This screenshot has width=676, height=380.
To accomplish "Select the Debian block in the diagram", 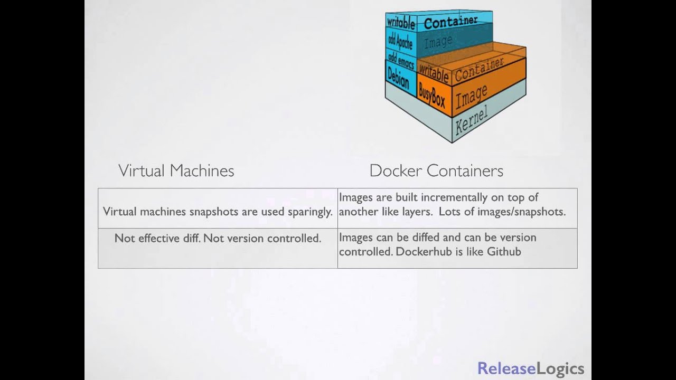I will click(398, 79).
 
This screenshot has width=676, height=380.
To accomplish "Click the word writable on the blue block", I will click(401, 23).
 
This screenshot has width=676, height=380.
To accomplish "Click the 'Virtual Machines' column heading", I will click(176, 170).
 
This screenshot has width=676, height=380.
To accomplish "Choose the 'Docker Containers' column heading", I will click(436, 170).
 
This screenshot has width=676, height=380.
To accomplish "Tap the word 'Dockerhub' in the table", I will click(424, 251).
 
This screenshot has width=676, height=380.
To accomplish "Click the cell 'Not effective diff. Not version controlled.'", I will click(218, 238).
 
